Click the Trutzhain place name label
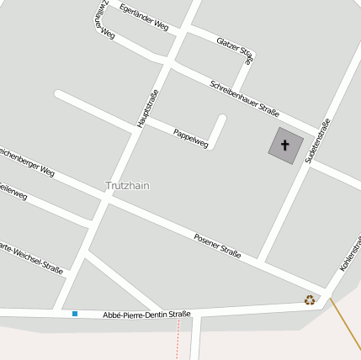(127, 185)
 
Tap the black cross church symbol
(284, 145)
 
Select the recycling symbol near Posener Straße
(310, 299)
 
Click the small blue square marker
(75, 314)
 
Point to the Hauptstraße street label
(148, 109)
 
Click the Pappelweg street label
(190, 138)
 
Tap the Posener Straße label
(218, 245)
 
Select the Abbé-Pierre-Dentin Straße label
(146, 314)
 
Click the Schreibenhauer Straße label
(244, 98)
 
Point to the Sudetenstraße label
(317, 140)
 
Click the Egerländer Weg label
(144, 18)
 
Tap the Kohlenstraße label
(350, 252)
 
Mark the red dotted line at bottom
(178, 341)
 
